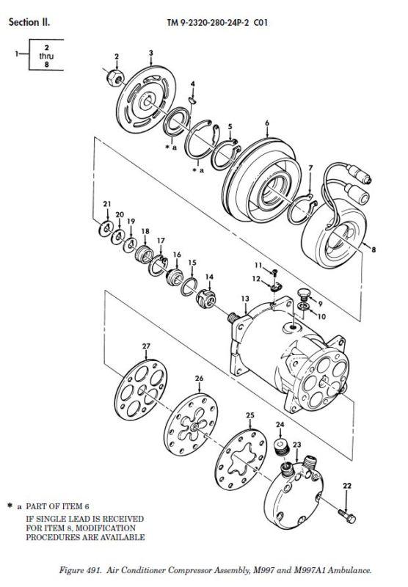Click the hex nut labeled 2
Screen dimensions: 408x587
coord(115,77)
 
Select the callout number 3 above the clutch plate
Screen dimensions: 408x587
coord(151,53)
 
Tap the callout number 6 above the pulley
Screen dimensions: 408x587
coord(267,123)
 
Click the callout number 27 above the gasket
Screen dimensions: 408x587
coord(146,346)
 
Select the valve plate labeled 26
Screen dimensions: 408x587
coord(191,424)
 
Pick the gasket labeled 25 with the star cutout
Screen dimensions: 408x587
coord(241,460)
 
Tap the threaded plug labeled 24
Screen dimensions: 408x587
coord(282,448)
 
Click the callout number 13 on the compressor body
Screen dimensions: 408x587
coord(245,299)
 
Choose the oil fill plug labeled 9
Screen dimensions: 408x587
coord(304,294)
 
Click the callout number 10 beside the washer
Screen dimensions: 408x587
coord(321,317)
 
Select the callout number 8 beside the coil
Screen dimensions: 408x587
coord(374,249)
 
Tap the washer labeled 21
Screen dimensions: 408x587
coord(106,229)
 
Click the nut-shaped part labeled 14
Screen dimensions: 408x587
coord(206,299)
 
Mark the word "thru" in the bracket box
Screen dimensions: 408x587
coord(46,56)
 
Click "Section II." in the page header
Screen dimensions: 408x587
coord(29,22)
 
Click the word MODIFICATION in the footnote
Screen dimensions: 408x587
coord(106,528)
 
